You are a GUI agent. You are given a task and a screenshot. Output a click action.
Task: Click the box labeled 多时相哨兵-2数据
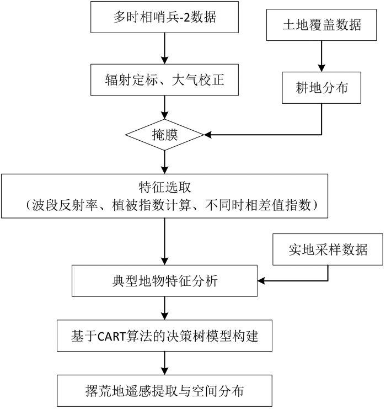tap(164, 17)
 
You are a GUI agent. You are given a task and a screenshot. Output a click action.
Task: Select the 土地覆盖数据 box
tap(321, 25)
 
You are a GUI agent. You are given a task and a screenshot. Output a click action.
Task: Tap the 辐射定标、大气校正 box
tap(164, 80)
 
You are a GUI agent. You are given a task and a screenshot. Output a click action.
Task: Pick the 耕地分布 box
tap(321, 88)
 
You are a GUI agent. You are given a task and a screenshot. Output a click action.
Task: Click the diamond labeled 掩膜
tap(164, 135)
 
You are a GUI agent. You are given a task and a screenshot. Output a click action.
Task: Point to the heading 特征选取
tap(164, 187)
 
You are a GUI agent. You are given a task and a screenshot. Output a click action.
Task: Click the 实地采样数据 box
tap(328, 249)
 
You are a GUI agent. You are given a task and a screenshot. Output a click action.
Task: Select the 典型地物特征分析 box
tap(164, 281)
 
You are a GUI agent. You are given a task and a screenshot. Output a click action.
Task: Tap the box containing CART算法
tap(164, 336)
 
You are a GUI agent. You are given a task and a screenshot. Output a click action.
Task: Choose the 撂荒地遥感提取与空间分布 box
tap(164, 391)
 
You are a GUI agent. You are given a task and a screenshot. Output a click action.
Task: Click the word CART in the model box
tap(111, 337)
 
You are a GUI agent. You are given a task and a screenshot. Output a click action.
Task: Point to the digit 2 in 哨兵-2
tap(187, 18)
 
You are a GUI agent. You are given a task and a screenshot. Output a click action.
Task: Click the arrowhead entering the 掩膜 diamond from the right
tap(207, 135)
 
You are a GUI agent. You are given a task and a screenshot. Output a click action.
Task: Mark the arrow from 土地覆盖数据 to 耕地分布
tap(321, 56)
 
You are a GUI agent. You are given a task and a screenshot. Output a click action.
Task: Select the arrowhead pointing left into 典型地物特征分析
tap(261, 281)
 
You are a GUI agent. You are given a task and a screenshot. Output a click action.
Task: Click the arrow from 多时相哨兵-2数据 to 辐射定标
tap(164, 49)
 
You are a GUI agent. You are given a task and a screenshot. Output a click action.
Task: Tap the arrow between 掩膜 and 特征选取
tap(164, 162)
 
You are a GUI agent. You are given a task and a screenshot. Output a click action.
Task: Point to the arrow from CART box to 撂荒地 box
tap(164, 363)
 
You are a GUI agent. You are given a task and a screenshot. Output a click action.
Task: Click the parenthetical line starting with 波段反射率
tap(171, 205)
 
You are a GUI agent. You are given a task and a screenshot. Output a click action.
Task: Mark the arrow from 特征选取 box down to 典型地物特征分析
tap(164, 242)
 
